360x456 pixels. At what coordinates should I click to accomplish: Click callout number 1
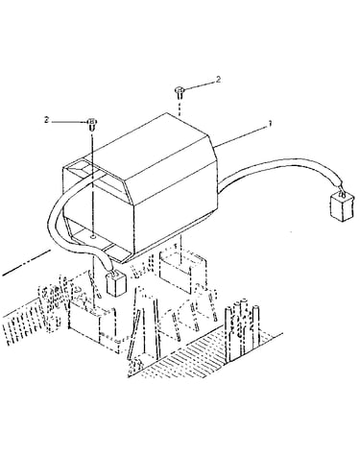point(270,123)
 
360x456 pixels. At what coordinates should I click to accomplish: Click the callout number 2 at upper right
point(218,79)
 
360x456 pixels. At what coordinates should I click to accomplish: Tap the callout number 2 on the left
point(47,120)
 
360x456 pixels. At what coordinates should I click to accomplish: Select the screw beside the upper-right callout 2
point(180,91)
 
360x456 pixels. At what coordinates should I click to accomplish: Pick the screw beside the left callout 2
point(92,124)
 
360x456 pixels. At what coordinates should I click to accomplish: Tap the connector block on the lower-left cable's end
point(116,283)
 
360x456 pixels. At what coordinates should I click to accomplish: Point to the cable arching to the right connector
point(281,167)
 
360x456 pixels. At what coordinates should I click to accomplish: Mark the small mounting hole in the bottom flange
point(92,237)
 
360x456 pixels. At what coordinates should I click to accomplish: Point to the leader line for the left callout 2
point(69,122)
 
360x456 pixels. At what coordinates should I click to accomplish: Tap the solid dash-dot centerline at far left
point(26,263)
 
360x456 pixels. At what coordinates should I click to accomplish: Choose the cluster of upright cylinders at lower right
point(242,329)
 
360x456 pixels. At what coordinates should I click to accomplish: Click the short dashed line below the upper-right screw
point(180,106)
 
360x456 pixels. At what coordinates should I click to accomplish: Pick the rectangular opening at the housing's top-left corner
point(78,169)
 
